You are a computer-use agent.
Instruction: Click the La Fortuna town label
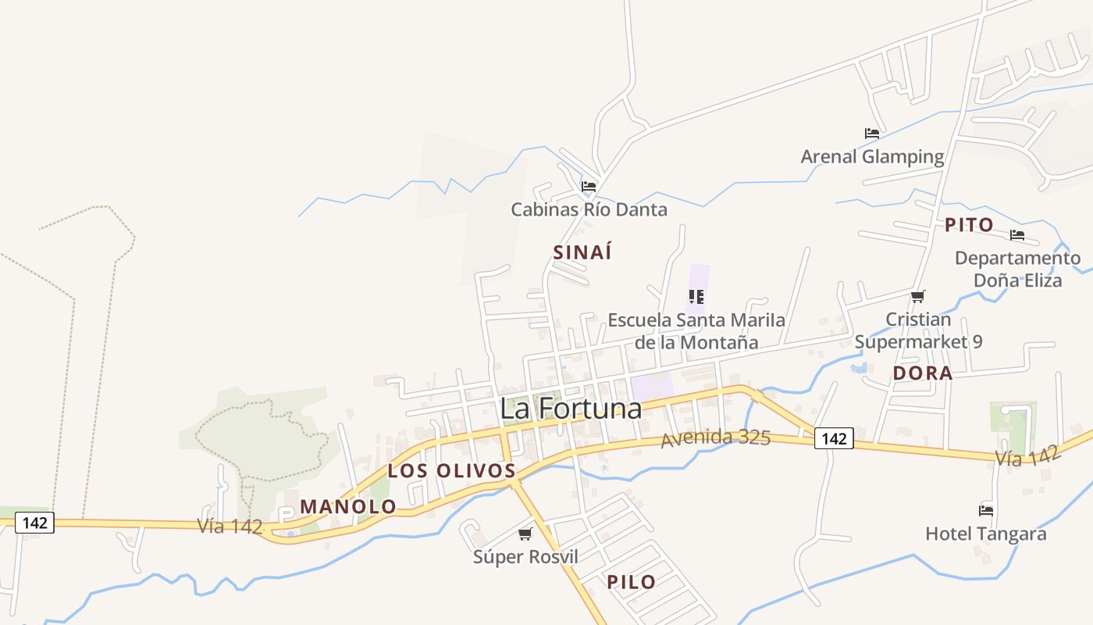click(x=571, y=409)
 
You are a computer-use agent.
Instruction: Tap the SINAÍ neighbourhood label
click(x=582, y=252)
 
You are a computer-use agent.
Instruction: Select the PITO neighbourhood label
click(x=970, y=225)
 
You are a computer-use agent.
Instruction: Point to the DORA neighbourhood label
click(x=923, y=373)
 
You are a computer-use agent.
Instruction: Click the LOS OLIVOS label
click(x=452, y=471)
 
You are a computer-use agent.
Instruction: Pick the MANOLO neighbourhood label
click(x=348, y=506)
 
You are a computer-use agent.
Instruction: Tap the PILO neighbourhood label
click(x=632, y=581)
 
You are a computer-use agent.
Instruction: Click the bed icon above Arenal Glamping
click(x=872, y=134)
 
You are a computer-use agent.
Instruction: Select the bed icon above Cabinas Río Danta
click(x=589, y=187)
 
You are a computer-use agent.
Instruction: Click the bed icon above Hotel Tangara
click(x=986, y=511)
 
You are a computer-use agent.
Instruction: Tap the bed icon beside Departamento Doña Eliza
click(x=1017, y=235)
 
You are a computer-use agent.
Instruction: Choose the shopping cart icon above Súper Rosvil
click(x=525, y=534)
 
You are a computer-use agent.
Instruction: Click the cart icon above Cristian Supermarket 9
click(x=918, y=297)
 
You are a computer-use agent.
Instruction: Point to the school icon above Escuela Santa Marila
click(x=696, y=297)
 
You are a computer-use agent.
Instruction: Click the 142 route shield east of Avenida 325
click(x=834, y=439)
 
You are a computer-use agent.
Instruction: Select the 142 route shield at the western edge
click(x=35, y=523)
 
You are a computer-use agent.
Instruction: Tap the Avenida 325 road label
click(x=716, y=438)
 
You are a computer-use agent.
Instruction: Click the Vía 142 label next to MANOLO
click(x=230, y=526)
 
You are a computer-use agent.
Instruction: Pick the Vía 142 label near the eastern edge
click(x=1027, y=456)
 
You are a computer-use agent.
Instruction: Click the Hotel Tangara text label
click(x=985, y=534)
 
